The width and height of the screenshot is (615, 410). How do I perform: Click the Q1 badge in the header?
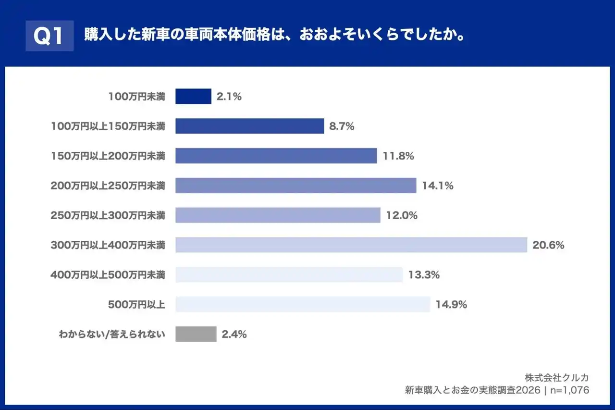point(49,36)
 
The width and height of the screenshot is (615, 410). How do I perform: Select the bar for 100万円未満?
point(193,96)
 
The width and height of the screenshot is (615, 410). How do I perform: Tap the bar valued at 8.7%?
point(249,126)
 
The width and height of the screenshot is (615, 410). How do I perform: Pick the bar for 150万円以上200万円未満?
point(276,156)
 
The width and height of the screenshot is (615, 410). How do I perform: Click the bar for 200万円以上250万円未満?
point(295,186)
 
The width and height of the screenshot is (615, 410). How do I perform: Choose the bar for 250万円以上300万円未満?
point(278,215)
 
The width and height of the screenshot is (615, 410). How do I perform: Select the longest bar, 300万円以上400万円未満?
point(351,245)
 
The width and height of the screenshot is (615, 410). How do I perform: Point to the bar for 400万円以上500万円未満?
point(289,275)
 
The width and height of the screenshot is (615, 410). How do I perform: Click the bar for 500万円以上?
point(303,304)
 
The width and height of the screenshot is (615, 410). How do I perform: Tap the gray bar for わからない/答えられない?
point(196,334)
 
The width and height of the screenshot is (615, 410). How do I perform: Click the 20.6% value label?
point(548,245)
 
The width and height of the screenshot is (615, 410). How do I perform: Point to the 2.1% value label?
point(229,96)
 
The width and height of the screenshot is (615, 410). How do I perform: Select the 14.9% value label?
point(451,304)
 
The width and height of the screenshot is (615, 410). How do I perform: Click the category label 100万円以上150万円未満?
point(108,126)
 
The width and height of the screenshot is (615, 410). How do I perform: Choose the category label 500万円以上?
point(136,304)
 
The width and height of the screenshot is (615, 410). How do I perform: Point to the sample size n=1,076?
point(570,390)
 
